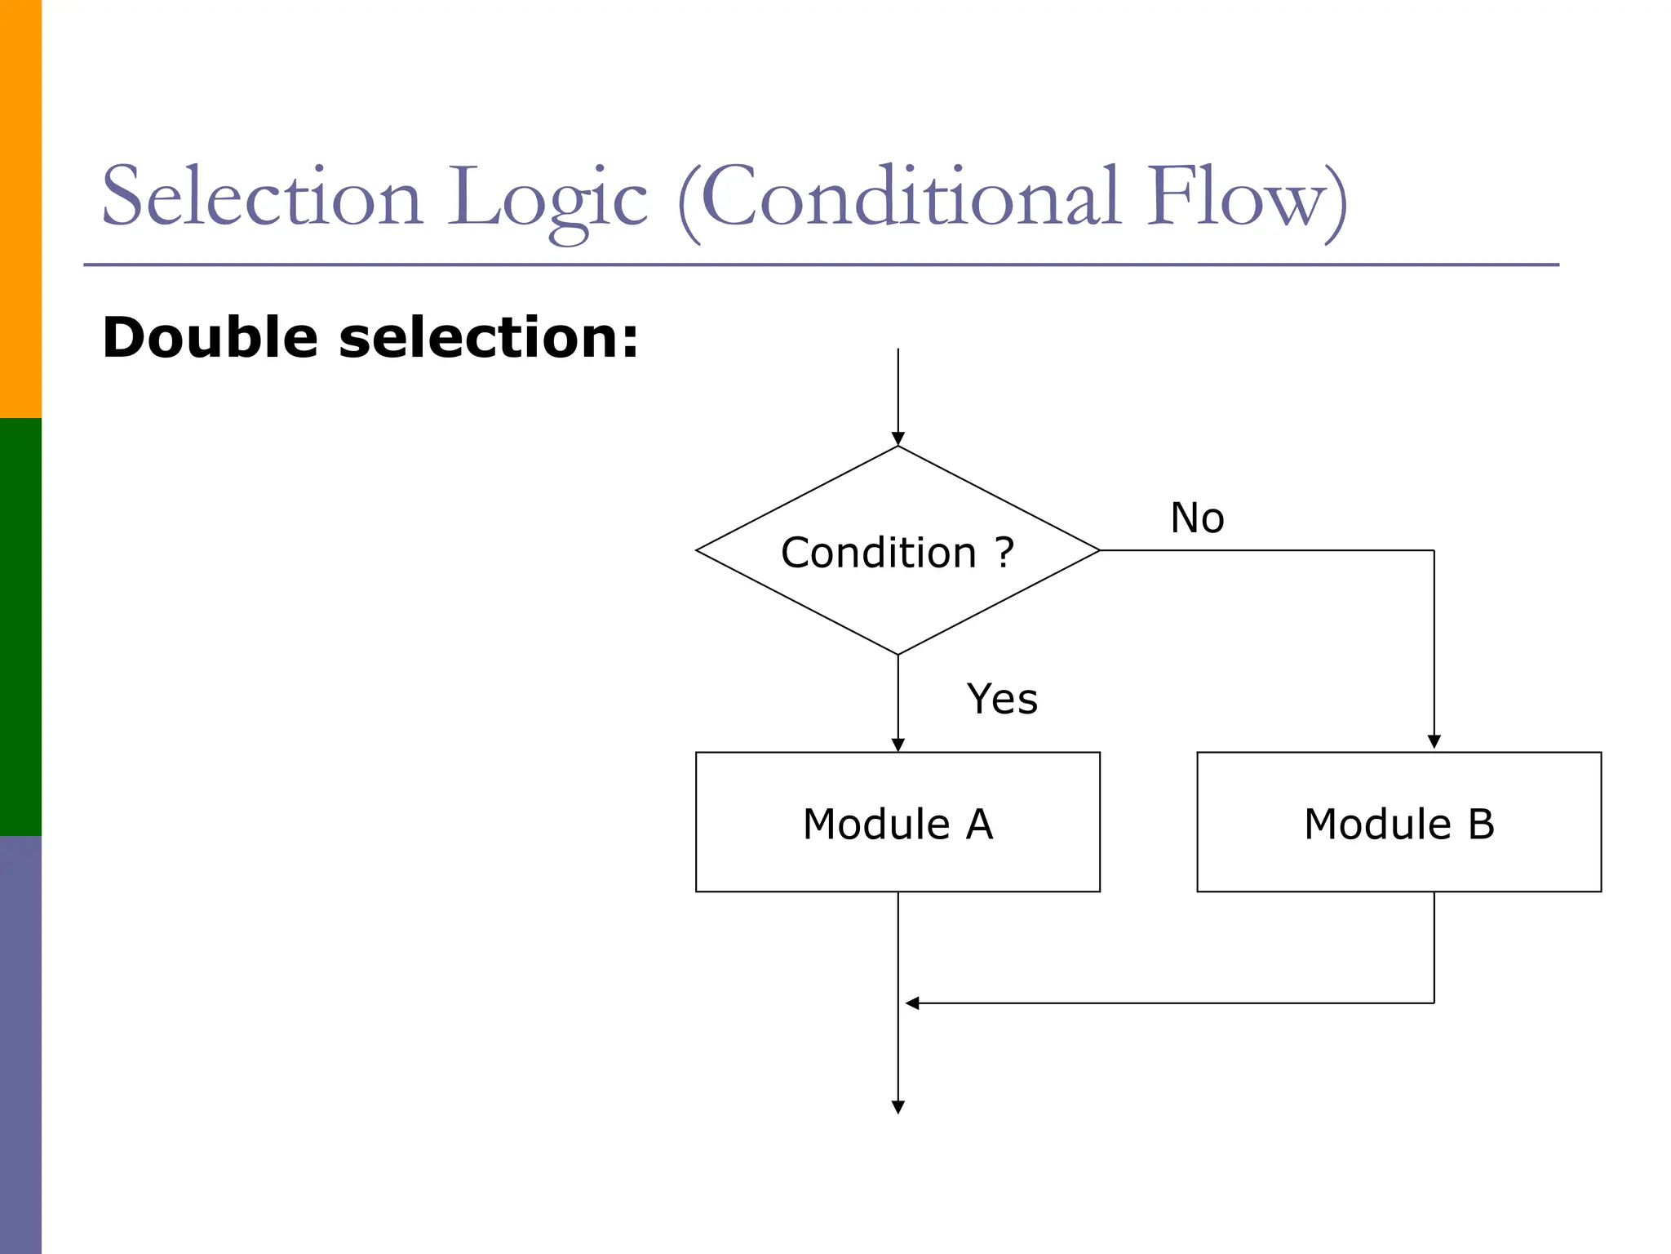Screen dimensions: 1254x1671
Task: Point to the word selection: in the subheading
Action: coord(488,337)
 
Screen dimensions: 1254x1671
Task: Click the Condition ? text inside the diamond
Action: coord(897,553)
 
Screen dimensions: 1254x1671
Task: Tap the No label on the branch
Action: coord(1196,518)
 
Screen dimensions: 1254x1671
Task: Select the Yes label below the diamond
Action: coord(1002,699)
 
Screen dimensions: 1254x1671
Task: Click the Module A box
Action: coord(897,821)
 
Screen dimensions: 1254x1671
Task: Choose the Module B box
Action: coord(1398,821)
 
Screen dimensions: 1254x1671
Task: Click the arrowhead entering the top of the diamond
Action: coord(898,439)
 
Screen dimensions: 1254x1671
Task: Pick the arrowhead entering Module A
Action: coord(898,745)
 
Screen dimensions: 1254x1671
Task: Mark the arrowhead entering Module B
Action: coord(1434,741)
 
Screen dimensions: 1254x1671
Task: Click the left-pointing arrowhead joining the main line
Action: coord(912,1003)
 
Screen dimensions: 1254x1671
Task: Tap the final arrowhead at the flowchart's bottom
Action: coord(898,1107)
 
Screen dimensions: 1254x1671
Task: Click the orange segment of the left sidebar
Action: coord(20,208)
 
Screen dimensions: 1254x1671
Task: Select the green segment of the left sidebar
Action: coord(20,626)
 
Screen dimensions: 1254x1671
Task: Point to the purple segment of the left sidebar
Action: coord(20,1045)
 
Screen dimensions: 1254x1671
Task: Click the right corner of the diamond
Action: coord(1097,550)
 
